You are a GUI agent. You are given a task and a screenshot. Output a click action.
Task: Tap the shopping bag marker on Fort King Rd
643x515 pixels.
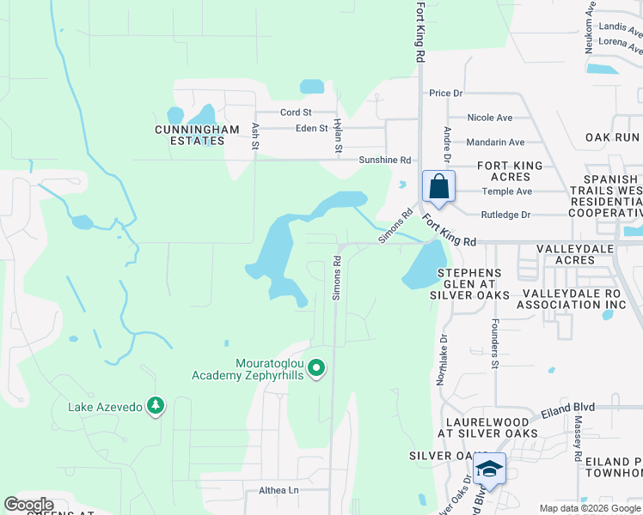click(x=438, y=186)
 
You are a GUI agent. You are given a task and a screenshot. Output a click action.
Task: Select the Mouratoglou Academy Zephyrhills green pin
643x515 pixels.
click(x=316, y=368)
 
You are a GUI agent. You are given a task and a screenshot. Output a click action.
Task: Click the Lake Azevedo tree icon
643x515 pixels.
click(x=155, y=404)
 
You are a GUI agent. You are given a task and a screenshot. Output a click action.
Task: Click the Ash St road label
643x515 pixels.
click(x=255, y=134)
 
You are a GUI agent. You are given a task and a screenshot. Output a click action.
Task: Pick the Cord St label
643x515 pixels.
click(x=296, y=112)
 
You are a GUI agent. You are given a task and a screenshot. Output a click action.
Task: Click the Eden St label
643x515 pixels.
click(x=311, y=129)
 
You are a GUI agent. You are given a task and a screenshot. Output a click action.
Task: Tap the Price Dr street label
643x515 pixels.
click(x=446, y=93)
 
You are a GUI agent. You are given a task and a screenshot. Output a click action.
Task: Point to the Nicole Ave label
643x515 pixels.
click(x=489, y=118)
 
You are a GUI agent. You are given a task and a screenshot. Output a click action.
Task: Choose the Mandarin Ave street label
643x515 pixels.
click(x=494, y=142)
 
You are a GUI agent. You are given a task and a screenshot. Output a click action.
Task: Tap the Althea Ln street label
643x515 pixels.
click(x=278, y=491)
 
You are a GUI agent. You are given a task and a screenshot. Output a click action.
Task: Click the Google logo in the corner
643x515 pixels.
click(x=29, y=505)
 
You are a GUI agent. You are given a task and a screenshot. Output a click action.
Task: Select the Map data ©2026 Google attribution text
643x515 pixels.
click(x=589, y=508)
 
